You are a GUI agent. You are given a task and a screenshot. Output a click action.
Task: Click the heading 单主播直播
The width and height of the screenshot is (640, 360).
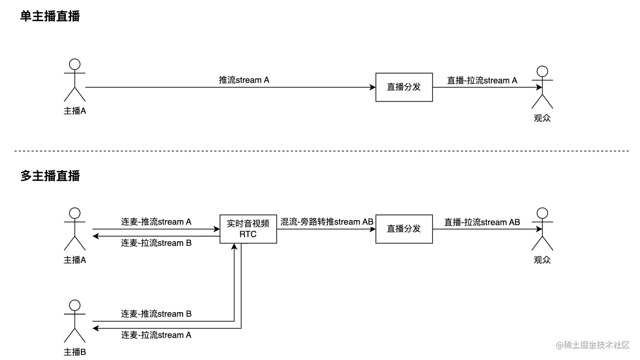[50, 17]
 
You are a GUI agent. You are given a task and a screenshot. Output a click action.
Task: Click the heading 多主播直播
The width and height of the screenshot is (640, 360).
[50, 176]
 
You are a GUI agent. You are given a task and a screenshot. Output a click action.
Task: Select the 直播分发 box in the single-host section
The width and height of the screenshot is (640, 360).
[404, 87]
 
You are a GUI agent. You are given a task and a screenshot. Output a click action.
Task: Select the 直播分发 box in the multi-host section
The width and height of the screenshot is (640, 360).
[404, 229]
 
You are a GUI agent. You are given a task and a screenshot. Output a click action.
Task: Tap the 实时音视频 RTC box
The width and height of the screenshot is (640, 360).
[248, 229]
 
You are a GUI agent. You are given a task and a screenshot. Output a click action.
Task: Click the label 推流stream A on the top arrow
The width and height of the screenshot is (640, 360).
[244, 80]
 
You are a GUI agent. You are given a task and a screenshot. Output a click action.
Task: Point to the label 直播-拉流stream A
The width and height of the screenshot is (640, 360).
[482, 81]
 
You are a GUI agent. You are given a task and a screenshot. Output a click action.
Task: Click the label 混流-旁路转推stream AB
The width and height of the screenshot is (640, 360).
[327, 222]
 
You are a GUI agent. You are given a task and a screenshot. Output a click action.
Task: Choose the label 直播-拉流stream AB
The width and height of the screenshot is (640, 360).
[482, 222]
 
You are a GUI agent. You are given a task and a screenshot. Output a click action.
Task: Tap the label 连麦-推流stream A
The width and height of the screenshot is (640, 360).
[156, 222]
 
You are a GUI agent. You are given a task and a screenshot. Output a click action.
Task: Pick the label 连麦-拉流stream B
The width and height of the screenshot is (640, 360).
[156, 243]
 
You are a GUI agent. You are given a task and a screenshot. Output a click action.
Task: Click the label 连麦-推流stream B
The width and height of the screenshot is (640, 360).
[156, 314]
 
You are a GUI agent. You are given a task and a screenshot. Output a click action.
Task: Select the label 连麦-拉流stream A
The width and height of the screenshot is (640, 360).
[156, 335]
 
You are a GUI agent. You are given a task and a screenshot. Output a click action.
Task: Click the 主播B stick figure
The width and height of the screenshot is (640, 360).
[75, 321]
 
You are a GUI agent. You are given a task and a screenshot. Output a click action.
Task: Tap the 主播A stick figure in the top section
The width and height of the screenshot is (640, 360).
[75, 80]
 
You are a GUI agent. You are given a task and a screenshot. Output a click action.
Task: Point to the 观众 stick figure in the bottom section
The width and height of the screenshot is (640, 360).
[542, 229]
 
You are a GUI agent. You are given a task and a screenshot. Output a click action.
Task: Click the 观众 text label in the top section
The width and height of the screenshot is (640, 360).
[542, 118]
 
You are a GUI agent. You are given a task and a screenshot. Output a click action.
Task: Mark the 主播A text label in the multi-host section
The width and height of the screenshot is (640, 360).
[75, 260]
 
